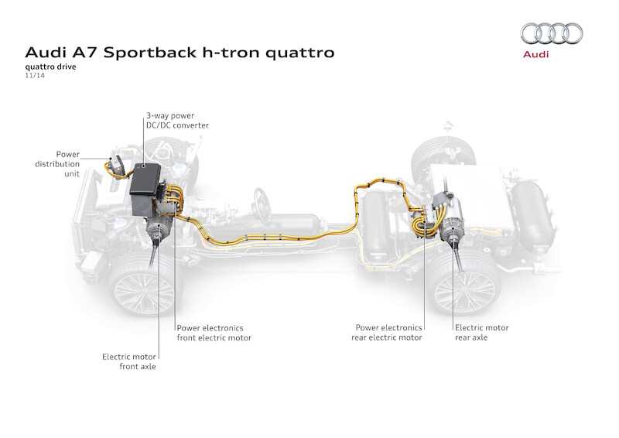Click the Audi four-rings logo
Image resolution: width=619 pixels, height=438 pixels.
pyautogui.click(x=552, y=33)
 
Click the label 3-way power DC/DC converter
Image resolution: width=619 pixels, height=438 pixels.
pyautogui.click(x=177, y=120)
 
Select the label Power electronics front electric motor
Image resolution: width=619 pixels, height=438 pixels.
pyautogui.click(x=214, y=332)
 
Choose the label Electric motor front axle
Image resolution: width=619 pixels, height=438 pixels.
pyautogui.click(x=129, y=361)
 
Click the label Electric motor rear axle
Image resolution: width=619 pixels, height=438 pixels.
pyautogui.click(x=482, y=332)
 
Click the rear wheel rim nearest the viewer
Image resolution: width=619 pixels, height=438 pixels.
pyautogui.click(x=463, y=289)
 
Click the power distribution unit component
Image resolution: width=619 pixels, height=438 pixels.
pyautogui.click(x=118, y=165)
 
